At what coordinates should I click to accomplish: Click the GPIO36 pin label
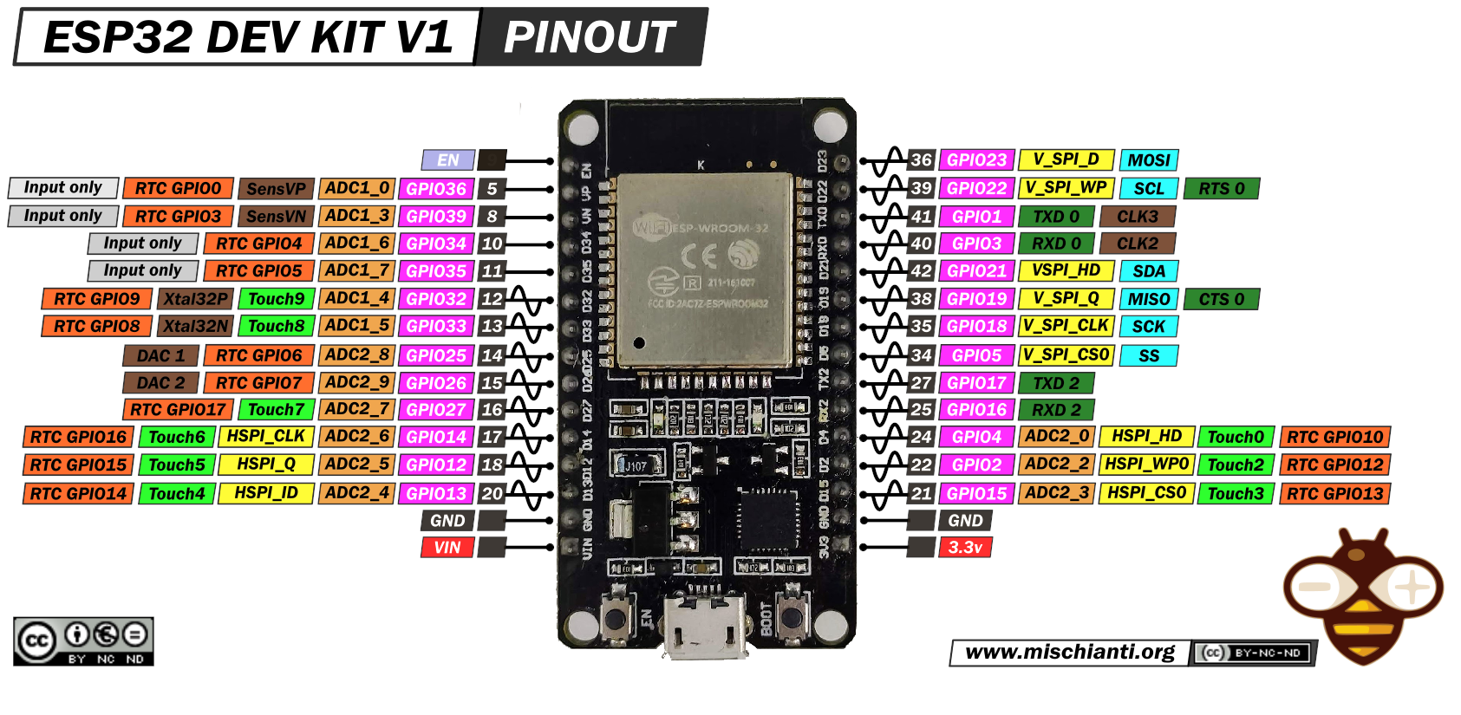[x=436, y=189]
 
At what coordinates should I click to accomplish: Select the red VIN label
[x=447, y=548]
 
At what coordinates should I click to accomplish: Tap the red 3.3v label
[x=964, y=548]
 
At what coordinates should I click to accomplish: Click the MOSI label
[x=1149, y=160]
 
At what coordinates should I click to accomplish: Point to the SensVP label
[x=276, y=189]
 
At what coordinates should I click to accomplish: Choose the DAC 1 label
[x=160, y=355]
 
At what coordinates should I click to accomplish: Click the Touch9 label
[x=276, y=299]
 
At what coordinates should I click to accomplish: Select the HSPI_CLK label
[x=266, y=437]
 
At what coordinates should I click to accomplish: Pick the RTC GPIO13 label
[x=1334, y=494]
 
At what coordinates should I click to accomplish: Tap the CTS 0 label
[x=1221, y=300]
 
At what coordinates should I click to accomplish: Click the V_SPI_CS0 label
[x=1066, y=355]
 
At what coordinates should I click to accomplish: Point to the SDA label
[x=1149, y=271]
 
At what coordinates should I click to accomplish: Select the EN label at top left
[x=447, y=160]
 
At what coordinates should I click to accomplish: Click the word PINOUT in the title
[x=590, y=37]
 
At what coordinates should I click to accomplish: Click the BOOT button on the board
[x=792, y=618]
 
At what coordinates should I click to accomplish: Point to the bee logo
[x=1363, y=598]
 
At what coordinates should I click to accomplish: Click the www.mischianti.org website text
[x=1070, y=653]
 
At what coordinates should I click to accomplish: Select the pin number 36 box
[x=921, y=160]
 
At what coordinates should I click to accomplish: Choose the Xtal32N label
[x=196, y=327]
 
